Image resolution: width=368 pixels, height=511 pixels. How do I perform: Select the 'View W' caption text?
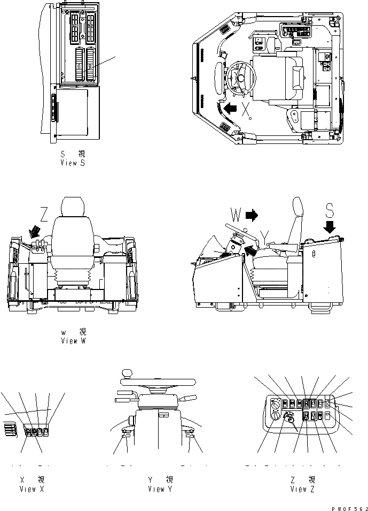(73, 341)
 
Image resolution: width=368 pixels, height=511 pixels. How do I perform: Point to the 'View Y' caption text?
(160, 489)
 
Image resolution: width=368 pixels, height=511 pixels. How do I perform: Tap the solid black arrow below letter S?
(330, 227)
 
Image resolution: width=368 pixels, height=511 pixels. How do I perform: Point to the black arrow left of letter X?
(231, 109)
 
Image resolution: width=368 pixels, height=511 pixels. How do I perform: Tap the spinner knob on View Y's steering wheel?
(127, 373)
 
